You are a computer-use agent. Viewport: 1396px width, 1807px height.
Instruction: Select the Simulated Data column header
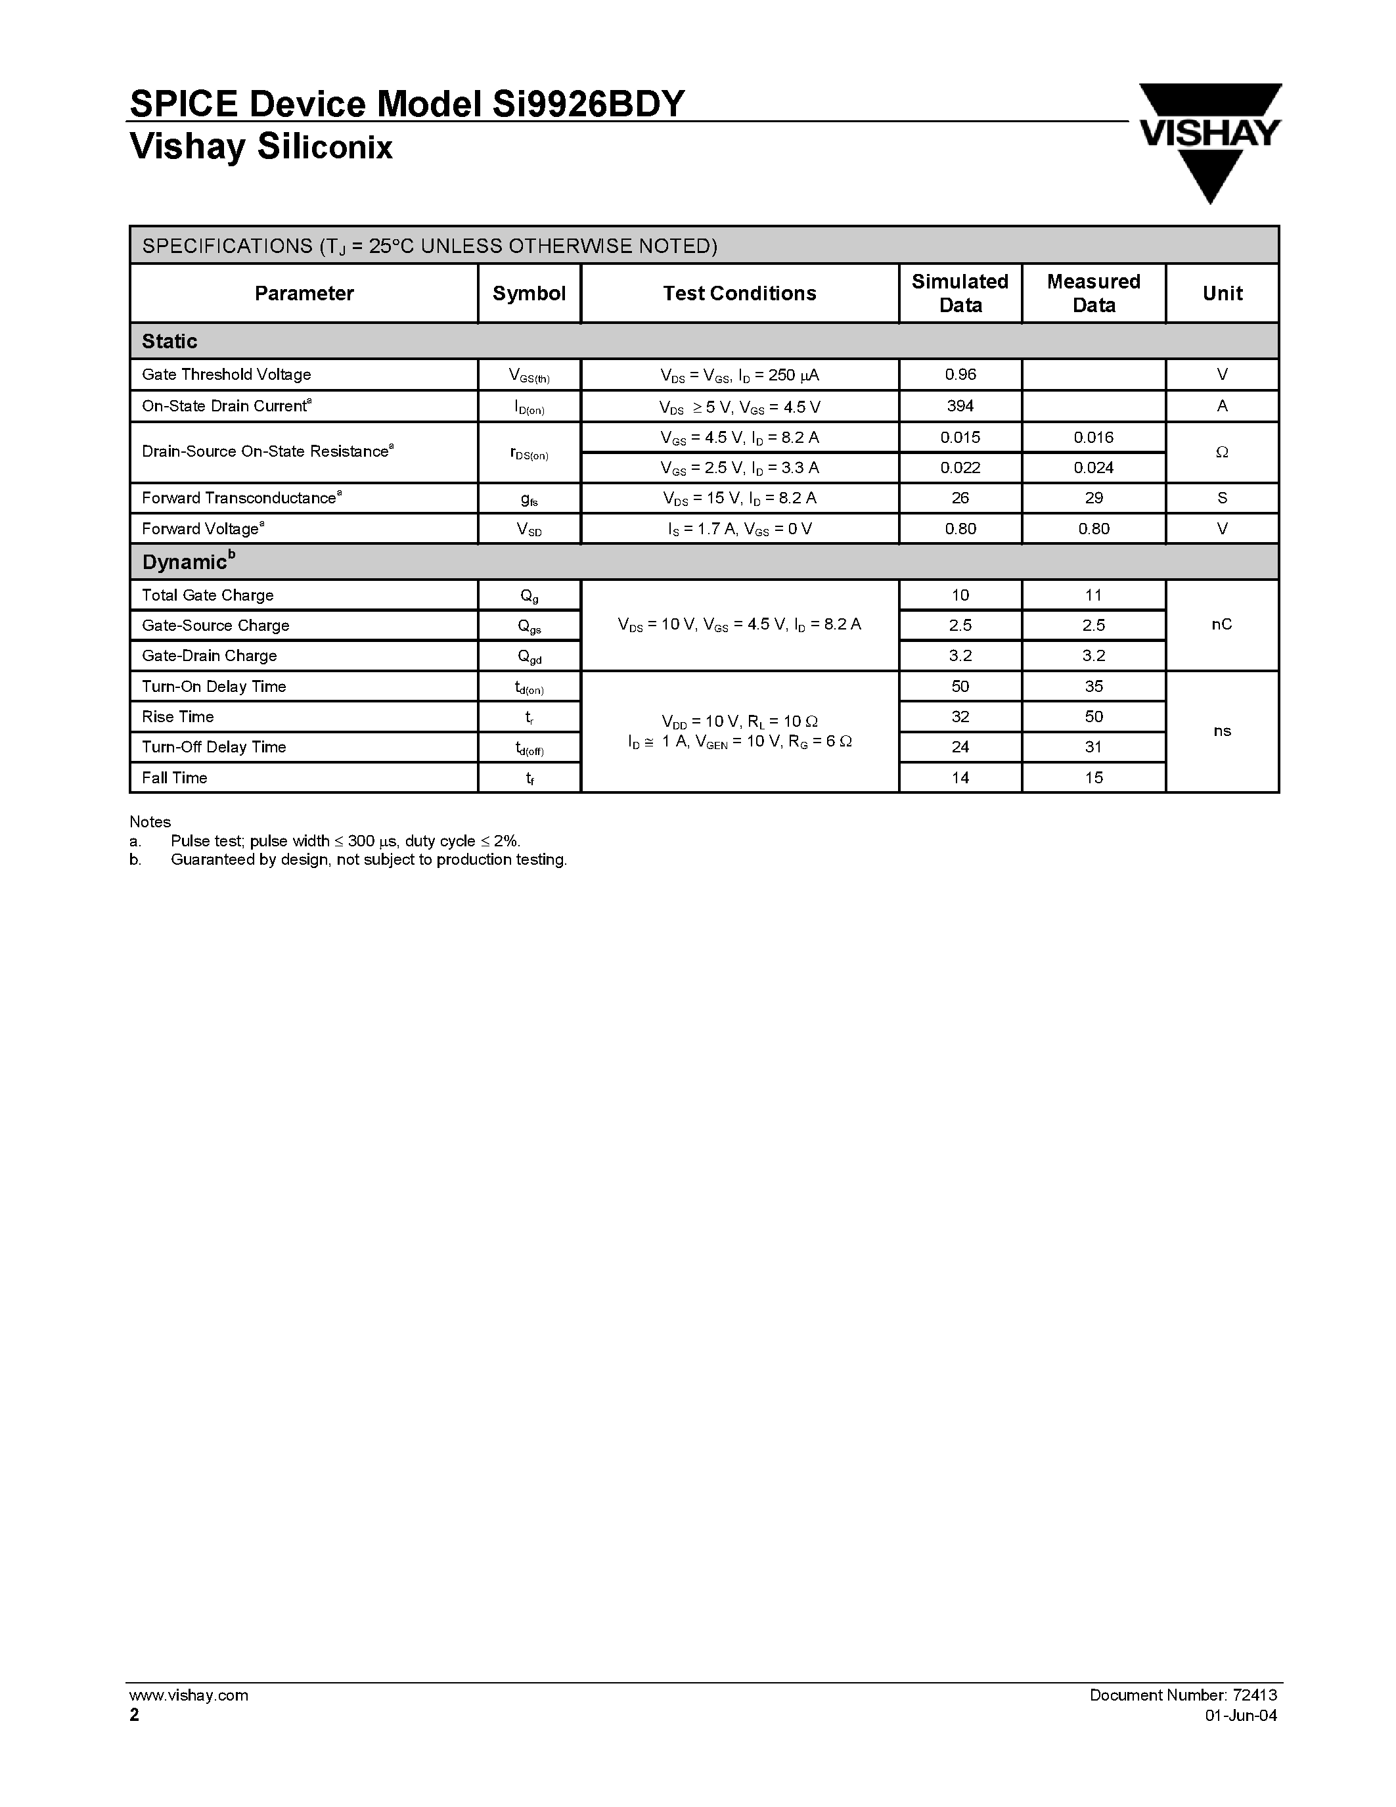point(960,293)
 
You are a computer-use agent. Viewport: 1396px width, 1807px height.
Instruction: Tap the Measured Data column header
point(1093,293)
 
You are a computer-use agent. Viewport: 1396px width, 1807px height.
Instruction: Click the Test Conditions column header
point(739,293)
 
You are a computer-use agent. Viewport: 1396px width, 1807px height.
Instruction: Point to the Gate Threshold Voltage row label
point(227,374)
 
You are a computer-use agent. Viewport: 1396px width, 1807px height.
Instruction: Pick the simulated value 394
point(960,405)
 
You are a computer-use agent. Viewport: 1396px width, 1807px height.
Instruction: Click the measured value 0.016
point(1093,437)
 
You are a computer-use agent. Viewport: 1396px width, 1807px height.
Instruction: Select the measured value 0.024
point(1093,467)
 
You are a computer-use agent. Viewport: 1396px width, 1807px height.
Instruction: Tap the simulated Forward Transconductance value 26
point(960,497)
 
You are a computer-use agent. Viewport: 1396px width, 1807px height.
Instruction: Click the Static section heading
point(169,341)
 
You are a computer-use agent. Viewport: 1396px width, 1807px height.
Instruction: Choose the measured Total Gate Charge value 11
point(1093,595)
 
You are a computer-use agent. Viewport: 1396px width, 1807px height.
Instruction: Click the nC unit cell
point(1221,624)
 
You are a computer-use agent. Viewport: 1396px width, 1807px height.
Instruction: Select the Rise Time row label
point(178,716)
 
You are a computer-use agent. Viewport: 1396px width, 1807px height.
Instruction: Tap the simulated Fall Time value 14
point(960,777)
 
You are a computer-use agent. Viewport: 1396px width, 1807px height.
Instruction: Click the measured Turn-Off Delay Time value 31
point(1093,746)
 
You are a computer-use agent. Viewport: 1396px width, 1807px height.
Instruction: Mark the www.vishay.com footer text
point(189,1695)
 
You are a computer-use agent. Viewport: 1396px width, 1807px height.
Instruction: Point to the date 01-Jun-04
point(1240,1715)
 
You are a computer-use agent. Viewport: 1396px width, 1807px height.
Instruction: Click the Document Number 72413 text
point(1182,1695)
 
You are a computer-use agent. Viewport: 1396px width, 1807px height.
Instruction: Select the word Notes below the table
point(150,821)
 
